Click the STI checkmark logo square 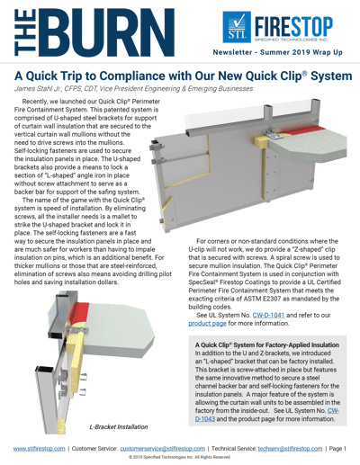click(x=237, y=27)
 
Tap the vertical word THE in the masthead click(x=25, y=32)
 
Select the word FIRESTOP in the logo click(x=293, y=26)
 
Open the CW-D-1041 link click(x=268, y=315)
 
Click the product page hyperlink click(x=207, y=324)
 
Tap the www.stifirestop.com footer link click(x=39, y=449)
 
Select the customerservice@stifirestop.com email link click(x=163, y=449)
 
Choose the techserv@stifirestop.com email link click(x=290, y=449)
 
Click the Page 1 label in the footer click(x=337, y=449)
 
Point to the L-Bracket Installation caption click(x=119, y=426)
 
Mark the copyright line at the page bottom click(x=180, y=457)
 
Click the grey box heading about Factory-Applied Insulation click(x=267, y=344)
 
